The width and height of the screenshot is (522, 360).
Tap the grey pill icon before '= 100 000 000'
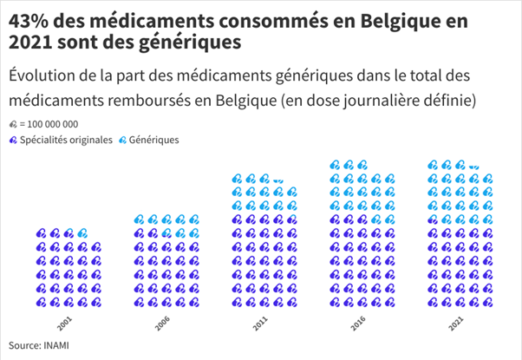[x=12, y=125]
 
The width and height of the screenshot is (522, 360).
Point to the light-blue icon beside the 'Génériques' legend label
[x=122, y=140]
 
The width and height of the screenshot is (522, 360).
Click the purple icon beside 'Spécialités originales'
[x=12, y=140]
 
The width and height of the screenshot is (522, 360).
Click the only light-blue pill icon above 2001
[x=82, y=233]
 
